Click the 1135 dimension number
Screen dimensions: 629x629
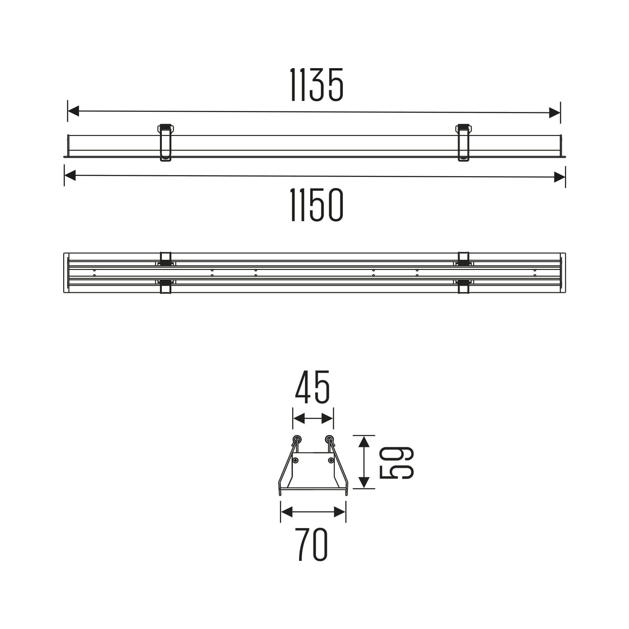(317, 85)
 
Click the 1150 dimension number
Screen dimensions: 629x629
(317, 205)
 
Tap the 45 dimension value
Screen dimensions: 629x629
(312, 388)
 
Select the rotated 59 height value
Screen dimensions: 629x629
(396, 463)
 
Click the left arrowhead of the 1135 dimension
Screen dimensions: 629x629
(73, 111)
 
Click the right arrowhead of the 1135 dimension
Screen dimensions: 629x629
(554, 113)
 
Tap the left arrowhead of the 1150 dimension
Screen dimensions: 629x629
(70, 175)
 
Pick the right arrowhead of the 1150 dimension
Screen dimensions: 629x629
(560, 177)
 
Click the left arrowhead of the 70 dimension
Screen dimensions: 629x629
(287, 512)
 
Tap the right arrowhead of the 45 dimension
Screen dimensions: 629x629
(328, 418)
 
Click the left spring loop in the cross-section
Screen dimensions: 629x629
(297, 439)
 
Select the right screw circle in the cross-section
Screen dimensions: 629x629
(331, 460)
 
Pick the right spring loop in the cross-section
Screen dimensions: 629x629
(329, 439)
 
